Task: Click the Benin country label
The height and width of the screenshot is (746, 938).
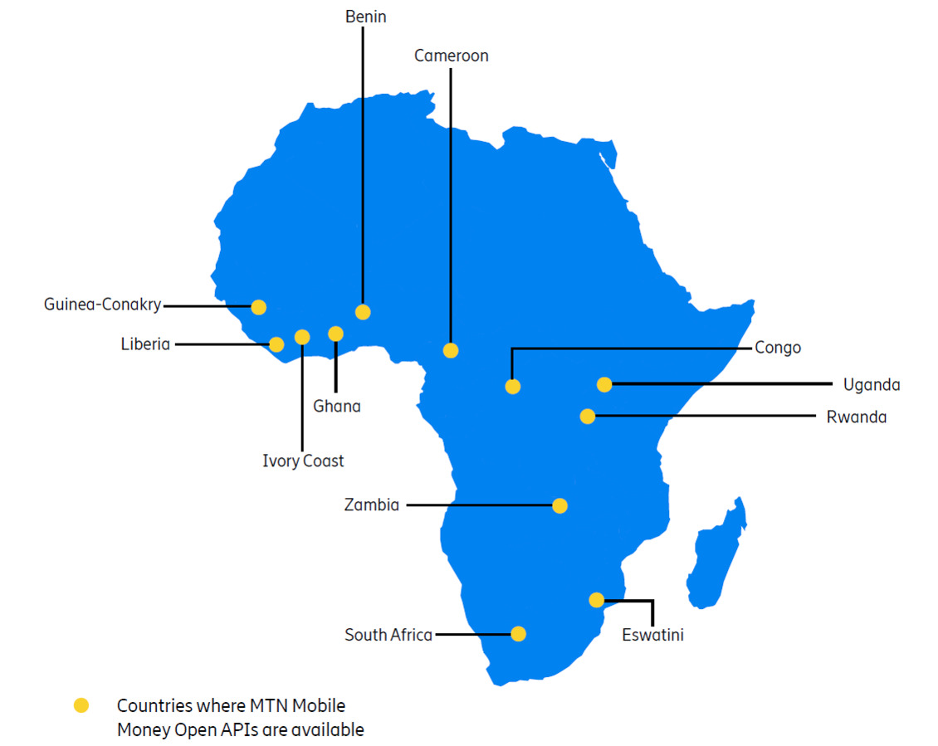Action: click(x=366, y=17)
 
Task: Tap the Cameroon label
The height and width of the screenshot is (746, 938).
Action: click(x=451, y=56)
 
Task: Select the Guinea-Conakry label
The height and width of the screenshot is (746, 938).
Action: click(x=103, y=305)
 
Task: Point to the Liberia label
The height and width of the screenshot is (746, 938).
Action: click(x=145, y=344)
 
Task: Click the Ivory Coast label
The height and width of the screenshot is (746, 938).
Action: click(x=303, y=461)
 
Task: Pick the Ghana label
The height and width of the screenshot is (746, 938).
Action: click(x=337, y=406)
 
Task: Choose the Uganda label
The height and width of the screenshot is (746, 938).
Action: click(x=872, y=384)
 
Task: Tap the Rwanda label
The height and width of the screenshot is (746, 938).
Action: click(x=856, y=417)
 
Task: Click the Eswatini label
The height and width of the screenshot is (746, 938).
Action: click(x=652, y=636)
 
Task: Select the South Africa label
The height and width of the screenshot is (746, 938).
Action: click(x=388, y=635)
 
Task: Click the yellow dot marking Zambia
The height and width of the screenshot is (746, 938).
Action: click(x=559, y=505)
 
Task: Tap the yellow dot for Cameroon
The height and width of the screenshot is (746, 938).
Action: click(x=451, y=350)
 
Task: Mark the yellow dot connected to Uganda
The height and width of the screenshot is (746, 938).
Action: click(x=604, y=384)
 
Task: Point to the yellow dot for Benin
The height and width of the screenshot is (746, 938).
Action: click(x=363, y=312)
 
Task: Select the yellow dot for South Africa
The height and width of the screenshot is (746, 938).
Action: click(x=518, y=634)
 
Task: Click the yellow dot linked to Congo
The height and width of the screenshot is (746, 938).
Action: click(x=513, y=386)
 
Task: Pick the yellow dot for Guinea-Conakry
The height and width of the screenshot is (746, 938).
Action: click(x=258, y=307)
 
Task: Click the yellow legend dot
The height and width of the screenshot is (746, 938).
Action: click(x=81, y=706)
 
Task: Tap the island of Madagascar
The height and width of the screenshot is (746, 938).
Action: click(x=716, y=556)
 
